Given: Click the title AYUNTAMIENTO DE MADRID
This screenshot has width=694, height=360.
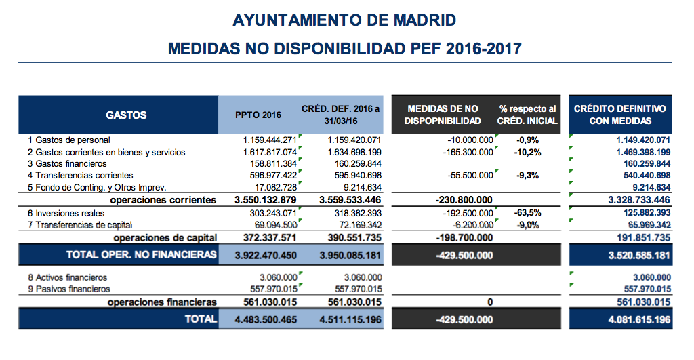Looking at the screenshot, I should pos(344,20).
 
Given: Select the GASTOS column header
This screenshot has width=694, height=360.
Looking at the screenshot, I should pos(126,115).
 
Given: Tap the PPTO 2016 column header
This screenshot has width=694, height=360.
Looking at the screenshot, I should pos(258,115).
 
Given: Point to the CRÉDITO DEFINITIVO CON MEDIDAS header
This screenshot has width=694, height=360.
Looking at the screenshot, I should pos(620,115).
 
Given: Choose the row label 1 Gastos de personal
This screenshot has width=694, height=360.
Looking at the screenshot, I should pos(68,140).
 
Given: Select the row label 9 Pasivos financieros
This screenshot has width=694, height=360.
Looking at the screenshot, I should pos(68,289).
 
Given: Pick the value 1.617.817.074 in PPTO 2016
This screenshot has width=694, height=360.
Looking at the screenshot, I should pos(270,152).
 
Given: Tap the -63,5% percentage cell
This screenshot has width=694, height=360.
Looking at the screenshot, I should pos(528,213).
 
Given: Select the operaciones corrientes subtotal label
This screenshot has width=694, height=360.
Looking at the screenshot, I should pos(163,200).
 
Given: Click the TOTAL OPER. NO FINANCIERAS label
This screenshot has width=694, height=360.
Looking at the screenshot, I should pos(142,255).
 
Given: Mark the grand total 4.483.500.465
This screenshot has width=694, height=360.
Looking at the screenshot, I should pos(266,319).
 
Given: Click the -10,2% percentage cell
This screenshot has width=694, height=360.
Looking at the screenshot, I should pos(528,152).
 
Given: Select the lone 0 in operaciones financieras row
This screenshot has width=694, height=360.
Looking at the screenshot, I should pos(489,302).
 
